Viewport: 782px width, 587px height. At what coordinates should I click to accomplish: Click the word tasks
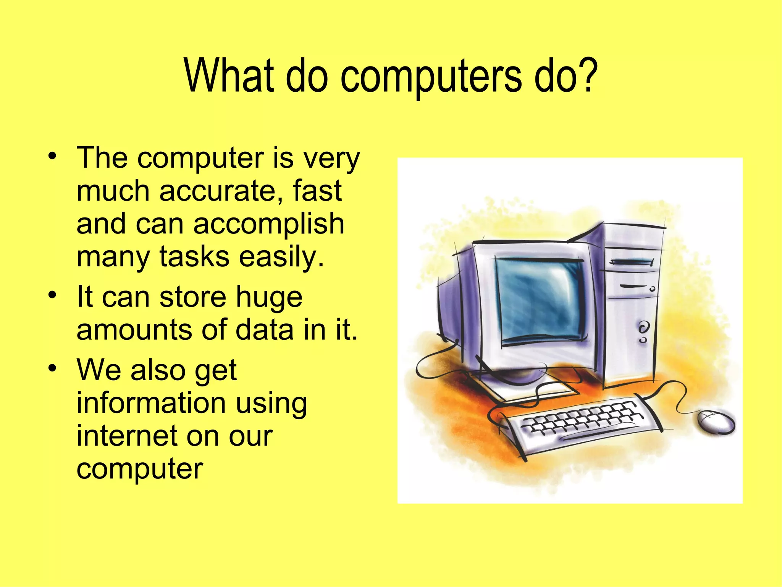click(194, 256)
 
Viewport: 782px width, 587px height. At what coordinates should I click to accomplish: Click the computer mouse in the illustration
click(716, 422)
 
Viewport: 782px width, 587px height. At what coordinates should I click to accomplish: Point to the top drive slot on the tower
click(632, 262)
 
